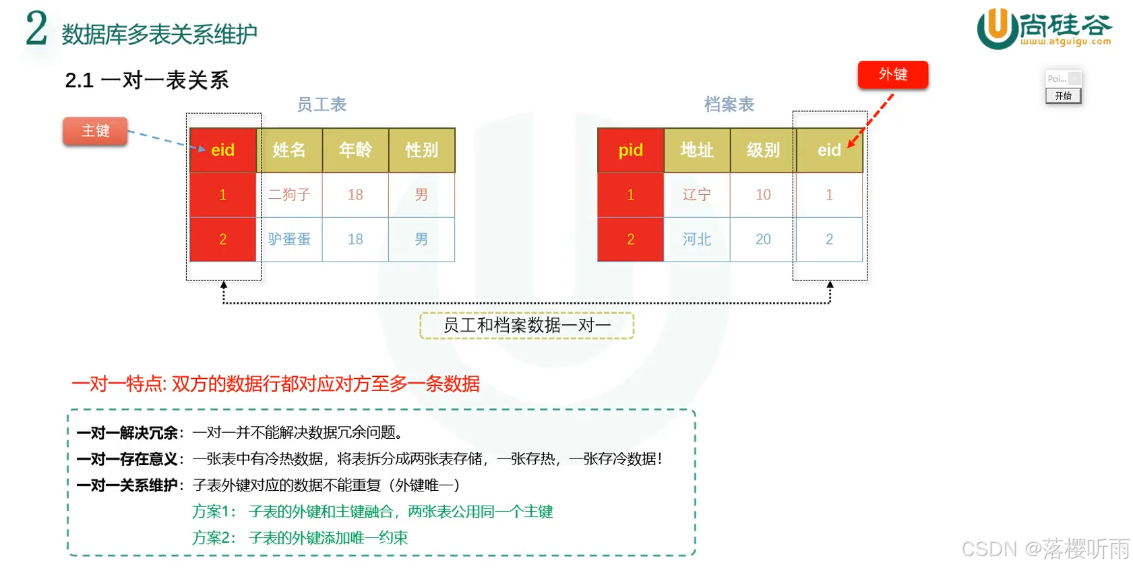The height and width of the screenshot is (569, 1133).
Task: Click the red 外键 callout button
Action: coord(892,75)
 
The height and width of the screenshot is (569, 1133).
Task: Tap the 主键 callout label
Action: coord(95,131)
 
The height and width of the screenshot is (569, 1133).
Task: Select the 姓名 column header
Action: coord(289,150)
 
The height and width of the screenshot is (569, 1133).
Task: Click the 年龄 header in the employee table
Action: coord(355,150)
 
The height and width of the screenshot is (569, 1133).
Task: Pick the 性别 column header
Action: coord(421,150)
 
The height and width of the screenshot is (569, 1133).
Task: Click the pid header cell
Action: coord(630,150)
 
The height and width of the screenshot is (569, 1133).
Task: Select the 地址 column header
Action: coord(697,150)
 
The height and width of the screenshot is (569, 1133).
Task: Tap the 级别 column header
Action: coord(763,150)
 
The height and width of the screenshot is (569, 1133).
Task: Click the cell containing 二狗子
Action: coord(289,195)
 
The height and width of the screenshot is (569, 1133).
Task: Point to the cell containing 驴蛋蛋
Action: coord(289,239)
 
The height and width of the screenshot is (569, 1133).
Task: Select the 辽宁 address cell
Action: coord(697,195)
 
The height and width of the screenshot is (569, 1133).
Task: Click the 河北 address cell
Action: coord(697,239)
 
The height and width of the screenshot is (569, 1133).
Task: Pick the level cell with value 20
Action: coord(763,239)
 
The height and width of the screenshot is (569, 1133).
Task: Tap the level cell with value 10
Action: coord(763,195)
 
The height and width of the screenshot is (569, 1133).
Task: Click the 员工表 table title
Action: coord(321,104)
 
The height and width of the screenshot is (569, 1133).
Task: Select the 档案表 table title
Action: coord(729,104)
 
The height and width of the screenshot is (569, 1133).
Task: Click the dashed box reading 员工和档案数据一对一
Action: coord(526,326)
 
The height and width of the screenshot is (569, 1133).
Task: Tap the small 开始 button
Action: coord(1063,96)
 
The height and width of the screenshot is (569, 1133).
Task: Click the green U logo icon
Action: coord(996,28)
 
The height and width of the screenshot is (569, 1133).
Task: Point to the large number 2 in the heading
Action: coord(36,30)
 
